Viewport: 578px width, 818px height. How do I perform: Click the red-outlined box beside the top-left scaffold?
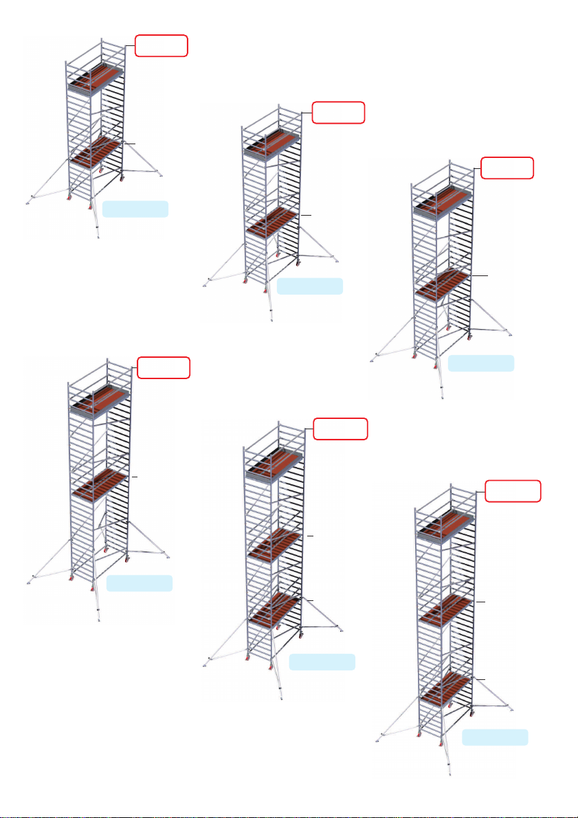(x=161, y=46)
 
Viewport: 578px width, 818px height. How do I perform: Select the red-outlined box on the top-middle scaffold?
(x=338, y=112)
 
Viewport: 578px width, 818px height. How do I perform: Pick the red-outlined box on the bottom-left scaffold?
(x=164, y=367)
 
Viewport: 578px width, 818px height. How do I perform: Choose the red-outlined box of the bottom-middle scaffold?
(x=340, y=429)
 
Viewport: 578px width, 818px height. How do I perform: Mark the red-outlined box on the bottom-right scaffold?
(x=513, y=491)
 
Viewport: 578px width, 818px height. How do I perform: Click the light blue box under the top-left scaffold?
(x=135, y=209)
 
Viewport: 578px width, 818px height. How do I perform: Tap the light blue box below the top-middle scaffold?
(x=309, y=286)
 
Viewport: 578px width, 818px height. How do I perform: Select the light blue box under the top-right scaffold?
(x=481, y=363)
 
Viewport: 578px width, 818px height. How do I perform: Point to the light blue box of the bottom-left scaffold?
(x=140, y=584)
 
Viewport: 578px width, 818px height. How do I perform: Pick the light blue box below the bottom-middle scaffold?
(x=322, y=662)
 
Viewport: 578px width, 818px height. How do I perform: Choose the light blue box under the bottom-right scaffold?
(x=495, y=738)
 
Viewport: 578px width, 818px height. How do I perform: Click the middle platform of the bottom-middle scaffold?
(x=275, y=545)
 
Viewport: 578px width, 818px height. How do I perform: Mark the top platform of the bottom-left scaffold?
(x=99, y=398)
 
